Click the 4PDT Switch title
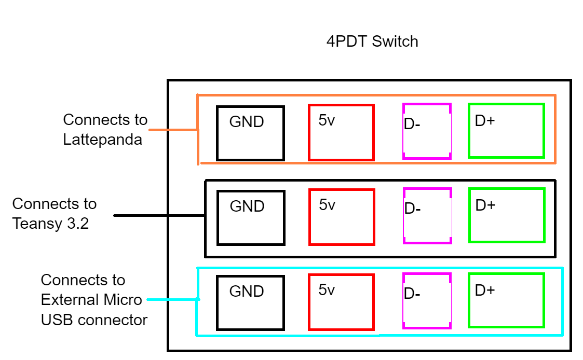pos(372,41)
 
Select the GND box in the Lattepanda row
pos(250,133)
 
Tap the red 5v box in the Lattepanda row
pos(341,132)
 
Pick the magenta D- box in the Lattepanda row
pos(427,131)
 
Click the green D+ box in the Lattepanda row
pos(506,131)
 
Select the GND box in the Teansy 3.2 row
pos(251,218)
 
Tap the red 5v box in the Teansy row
pos(342,217)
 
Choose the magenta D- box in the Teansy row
pos(427,216)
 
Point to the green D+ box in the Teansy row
pos(507,215)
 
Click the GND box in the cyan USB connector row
pos(250,303)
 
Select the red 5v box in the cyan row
pos(341,302)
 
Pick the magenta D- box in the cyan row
pos(427,301)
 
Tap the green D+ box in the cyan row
pos(506,300)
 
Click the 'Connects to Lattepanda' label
pos(105,130)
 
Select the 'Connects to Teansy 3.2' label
pos(55,213)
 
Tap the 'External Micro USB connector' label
pos(93,300)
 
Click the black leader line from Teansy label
pos(158,215)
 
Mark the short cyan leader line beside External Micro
pos(171,299)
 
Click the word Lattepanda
pos(102,140)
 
